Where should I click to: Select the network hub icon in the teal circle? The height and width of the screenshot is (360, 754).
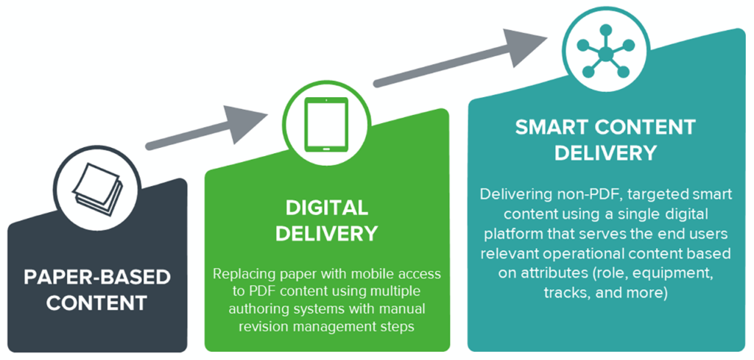pos(604,52)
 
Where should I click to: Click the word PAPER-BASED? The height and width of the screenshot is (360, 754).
pos(97,278)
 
